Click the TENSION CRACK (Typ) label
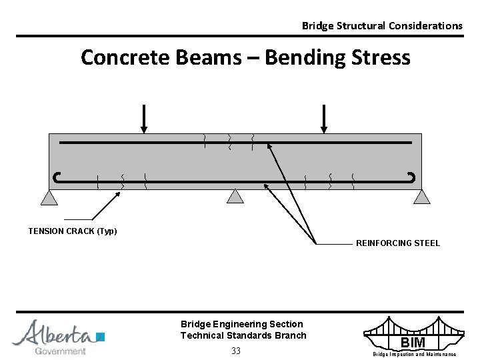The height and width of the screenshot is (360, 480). click(73, 231)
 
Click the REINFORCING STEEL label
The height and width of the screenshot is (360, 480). click(398, 243)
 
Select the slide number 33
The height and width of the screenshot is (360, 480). click(236, 351)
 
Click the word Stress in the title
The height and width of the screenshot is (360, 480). click(377, 58)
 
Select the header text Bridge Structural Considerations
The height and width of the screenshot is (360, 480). click(382, 26)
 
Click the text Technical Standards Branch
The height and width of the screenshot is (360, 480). click(243, 335)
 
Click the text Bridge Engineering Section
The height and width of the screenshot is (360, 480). click(241, 324)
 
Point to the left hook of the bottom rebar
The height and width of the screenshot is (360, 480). click(57, 177)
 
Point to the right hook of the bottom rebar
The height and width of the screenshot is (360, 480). click(411, 177)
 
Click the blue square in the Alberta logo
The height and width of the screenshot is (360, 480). click(101, 335)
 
